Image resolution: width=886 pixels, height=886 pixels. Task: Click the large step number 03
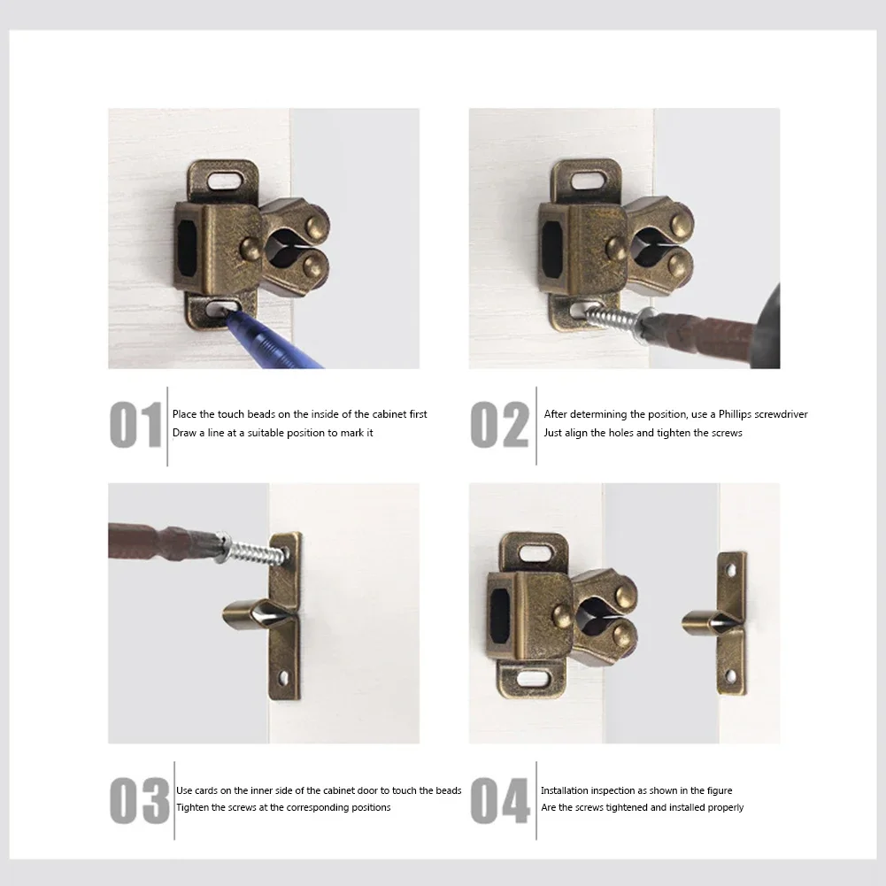139,800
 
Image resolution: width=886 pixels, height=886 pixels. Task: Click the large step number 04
500,800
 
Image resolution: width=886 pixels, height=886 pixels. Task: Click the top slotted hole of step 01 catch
223,180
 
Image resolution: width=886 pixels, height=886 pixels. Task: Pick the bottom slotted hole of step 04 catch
531,678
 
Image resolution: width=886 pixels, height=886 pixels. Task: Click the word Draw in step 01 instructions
185,433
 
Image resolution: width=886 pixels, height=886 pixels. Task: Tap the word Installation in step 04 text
566,790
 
